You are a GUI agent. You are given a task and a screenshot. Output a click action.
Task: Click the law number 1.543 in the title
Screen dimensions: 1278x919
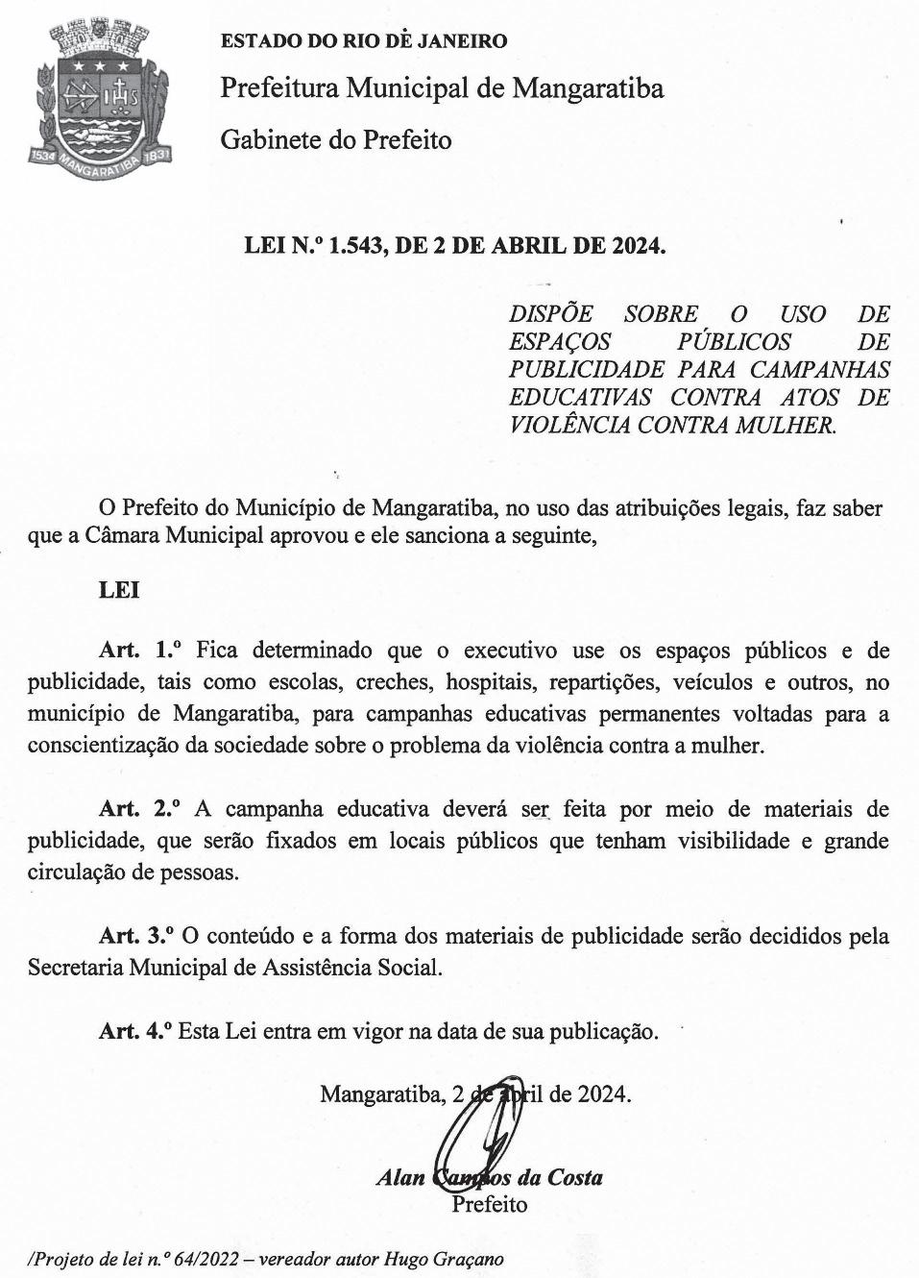pos(355,245)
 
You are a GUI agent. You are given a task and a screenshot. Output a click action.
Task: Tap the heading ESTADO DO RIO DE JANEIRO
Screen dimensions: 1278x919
pos(364,41)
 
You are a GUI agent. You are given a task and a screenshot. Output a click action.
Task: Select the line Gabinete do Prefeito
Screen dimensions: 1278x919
pos(336,140)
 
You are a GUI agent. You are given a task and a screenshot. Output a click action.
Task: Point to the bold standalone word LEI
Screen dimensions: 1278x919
pos(119,590)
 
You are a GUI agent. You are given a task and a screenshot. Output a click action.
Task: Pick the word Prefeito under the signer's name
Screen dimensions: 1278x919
pos(490,1204)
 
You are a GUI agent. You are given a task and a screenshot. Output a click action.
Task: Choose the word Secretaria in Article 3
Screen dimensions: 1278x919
pos(75,967)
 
